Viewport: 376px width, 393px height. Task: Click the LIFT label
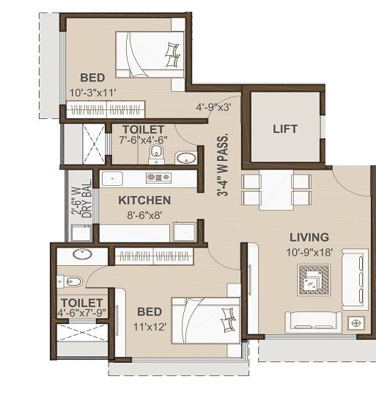285,129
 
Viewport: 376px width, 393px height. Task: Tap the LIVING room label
309,237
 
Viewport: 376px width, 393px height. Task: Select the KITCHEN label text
144,200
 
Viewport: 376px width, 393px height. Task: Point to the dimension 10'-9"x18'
309,251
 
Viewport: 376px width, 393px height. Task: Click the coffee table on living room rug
313,280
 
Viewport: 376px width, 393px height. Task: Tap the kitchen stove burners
158,177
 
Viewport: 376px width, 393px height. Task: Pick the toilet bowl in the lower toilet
71,281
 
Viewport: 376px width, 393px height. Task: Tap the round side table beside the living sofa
356,322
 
